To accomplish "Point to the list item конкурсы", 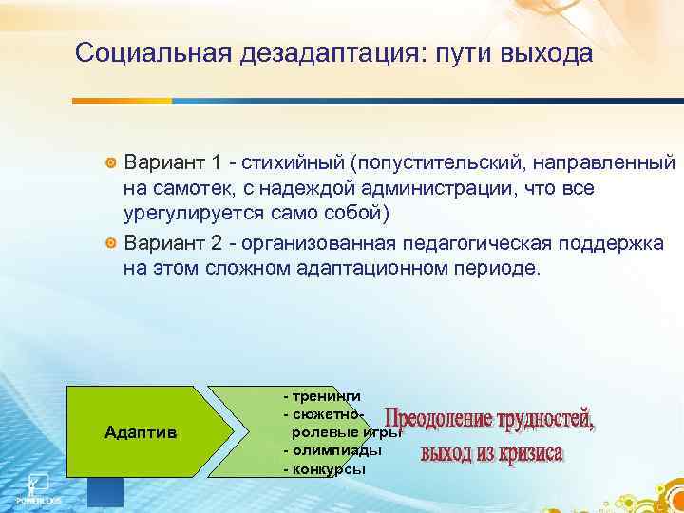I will point(328,468).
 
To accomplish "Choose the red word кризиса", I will point(527,451).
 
